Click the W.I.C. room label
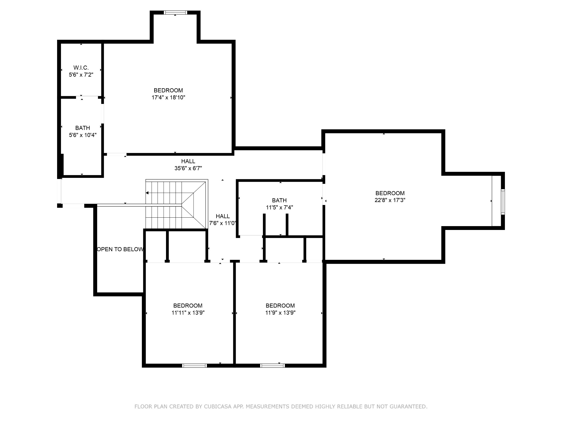click(81, 68)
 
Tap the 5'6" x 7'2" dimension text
click(81, 75)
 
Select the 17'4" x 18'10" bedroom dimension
click(168, 97)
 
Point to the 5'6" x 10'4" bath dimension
click(83, 135)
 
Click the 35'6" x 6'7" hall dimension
click(188, 168)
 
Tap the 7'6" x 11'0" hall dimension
click(223, 223)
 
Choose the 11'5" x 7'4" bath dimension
click(279, 207)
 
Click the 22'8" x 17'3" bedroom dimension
click(390, 200)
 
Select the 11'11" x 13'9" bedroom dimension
click(188, 313)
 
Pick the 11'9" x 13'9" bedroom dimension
click(280, 313)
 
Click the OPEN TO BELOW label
click(120, 249)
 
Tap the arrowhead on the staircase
click(147, 193)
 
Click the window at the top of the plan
click(175, 12)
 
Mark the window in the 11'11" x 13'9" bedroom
click(195, 365)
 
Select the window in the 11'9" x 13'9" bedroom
click(272, 365)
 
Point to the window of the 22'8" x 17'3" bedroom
click(503, 202)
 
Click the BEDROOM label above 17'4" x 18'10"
click(168, 90)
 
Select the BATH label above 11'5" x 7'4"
click(279, 200)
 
